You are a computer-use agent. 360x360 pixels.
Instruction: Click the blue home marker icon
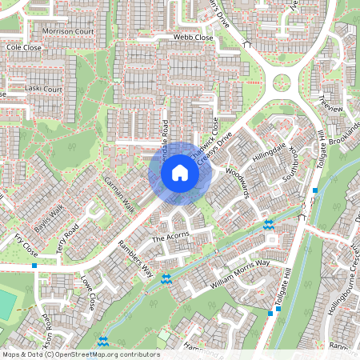tap(180, 173)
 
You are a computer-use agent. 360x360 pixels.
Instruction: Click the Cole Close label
tap(23, 48)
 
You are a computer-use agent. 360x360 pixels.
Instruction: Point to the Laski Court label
tap(42, 89)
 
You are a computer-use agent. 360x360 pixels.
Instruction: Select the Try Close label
tap(26, 241)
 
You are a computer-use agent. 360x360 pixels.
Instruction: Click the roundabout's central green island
tap(282, 82)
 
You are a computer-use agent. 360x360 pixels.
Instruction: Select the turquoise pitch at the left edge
tap(5, 303)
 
